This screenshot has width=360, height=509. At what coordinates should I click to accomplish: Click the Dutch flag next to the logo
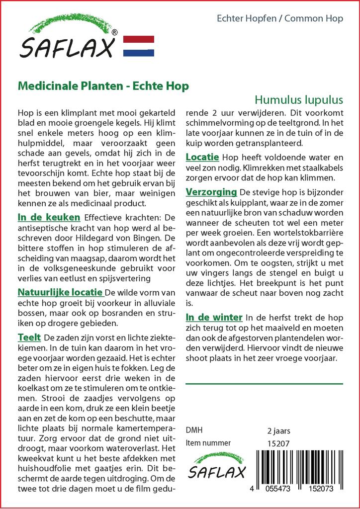[x=138, y=46]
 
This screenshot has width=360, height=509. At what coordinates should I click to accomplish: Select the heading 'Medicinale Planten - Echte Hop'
[x=103, y=86]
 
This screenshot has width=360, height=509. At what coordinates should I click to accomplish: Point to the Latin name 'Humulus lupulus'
[x=299, y=98]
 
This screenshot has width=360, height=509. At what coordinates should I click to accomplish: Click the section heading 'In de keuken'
[x=49, y=217]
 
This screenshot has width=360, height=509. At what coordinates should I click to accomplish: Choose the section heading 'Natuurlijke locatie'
[x=60, y=292]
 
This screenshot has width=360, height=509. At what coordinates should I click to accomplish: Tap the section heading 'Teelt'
[x=29, y=337]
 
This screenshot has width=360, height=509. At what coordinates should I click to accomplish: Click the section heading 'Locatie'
[x=202, y=157]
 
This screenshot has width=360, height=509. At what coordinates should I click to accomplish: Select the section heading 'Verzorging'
[x=211, y=192]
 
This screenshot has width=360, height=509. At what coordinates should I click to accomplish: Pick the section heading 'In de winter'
[x=214, y=317]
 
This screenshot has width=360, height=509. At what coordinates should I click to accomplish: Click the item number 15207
[x=278, y=443]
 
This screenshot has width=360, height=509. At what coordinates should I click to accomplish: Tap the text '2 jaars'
[x=278, y=430]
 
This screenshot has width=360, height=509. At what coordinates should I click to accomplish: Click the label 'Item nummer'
[x=208, y=443]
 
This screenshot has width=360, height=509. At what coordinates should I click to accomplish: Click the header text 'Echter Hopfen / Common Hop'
[x=280, y=19]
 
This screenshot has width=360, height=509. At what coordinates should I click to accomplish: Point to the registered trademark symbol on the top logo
[x=115, y=32]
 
